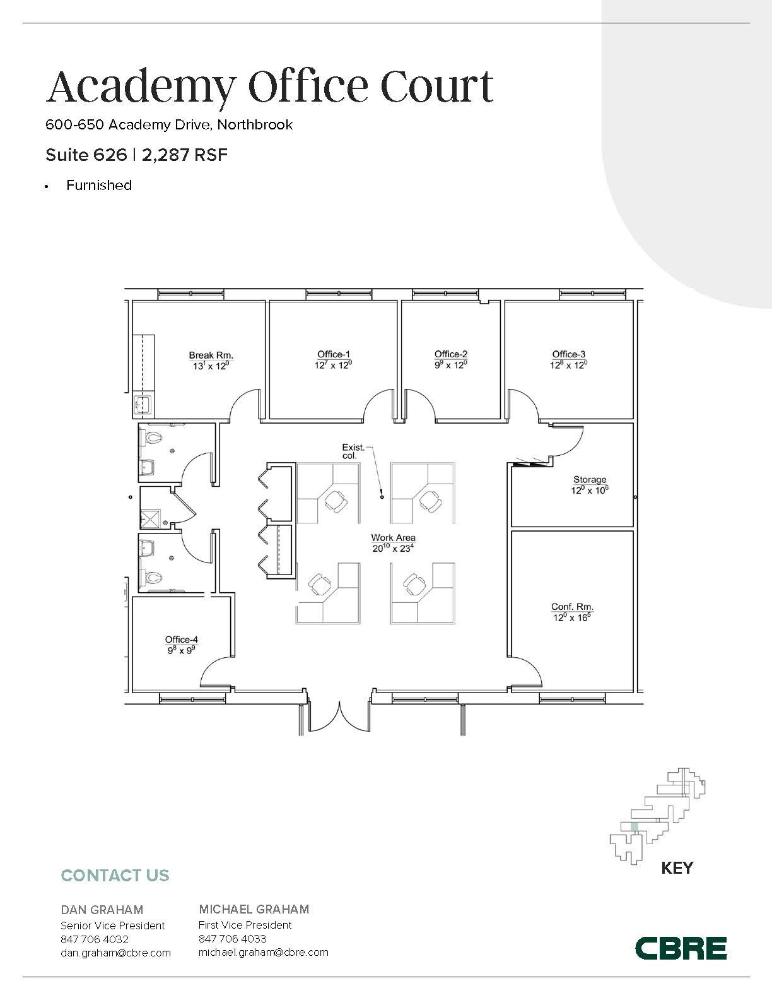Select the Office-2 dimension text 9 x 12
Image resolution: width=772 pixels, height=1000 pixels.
click(450, 365)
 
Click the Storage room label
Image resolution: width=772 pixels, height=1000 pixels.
click(590, 480)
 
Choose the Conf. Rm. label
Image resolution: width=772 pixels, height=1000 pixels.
click(572, 607)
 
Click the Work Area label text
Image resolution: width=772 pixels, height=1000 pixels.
click(393, 538)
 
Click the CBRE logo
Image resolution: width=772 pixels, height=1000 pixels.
click(681, 948)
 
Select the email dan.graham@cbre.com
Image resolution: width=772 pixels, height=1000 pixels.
click(115, 953)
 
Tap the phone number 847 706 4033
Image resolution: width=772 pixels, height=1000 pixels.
click(232, 939)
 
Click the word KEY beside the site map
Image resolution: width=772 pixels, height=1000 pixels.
click(677, 868)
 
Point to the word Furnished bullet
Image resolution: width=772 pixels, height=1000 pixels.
click(99, 185)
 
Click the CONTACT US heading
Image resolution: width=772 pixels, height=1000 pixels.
click(115, 875)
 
